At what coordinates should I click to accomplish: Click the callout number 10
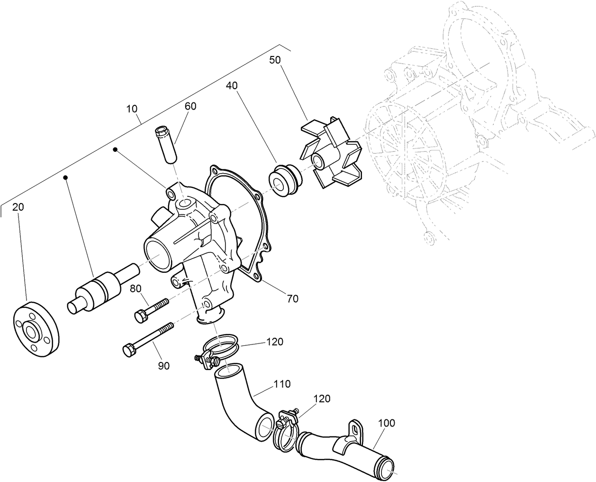click(x=132, y=109)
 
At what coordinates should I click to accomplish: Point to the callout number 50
click(x=275, y=60)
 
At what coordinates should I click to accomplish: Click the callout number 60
click(x=190, y=106)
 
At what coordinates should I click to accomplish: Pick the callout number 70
click(x=292, y=298)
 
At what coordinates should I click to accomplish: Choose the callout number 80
click(x=135, y=288)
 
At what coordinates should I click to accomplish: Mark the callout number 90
click(x=163, y=365)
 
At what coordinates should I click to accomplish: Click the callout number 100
click(x=387, y=422)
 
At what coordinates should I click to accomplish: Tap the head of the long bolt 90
click(x=128, y=350)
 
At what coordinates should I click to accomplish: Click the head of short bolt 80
click(x=141, y=315)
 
